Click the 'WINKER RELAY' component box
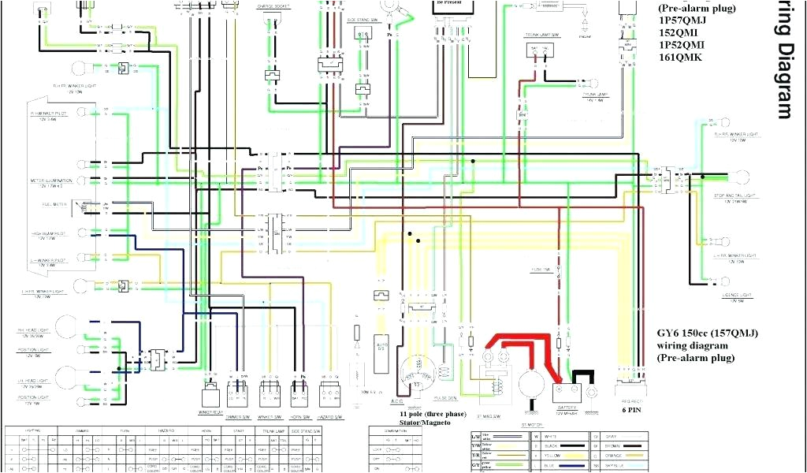click(x=210, y=391)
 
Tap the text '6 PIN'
click(x=630, y=410)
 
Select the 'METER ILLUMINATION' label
click(x=51, y=181)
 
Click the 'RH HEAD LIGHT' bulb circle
click(x=68, y=327)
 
